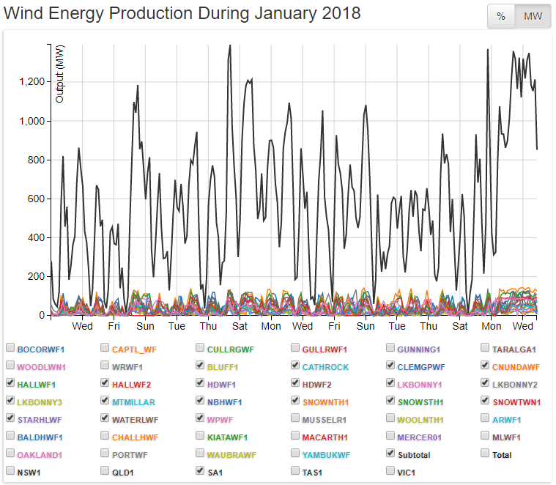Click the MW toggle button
click(533, 17)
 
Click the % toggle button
click(501, 17)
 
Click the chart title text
click(182, 13)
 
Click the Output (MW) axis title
click(60, 73)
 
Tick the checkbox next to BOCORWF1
click(10, 348)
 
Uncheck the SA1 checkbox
click(201, 472)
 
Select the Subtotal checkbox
click(391, 454)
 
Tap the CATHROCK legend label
click(326, 366)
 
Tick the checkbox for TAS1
click(296, 472)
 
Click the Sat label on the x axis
click(240, 326)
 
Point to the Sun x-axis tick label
click(145, 326)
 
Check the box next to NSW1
click(10, 472)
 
